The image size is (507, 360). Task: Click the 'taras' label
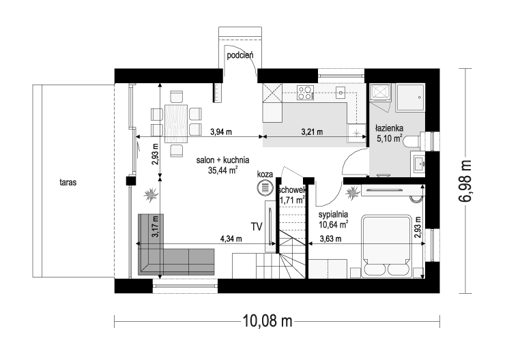click(66, 183)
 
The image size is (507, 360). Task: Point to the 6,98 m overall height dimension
click(465, 180)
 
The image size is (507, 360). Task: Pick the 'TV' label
click(257, 226)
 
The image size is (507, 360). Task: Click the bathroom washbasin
click(420, 162)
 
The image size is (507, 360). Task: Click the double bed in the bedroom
click(386, 245)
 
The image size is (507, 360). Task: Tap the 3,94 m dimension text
click(220, 131)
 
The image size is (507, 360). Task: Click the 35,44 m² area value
click(222, 170)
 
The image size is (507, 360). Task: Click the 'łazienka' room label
click(390, 127)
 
